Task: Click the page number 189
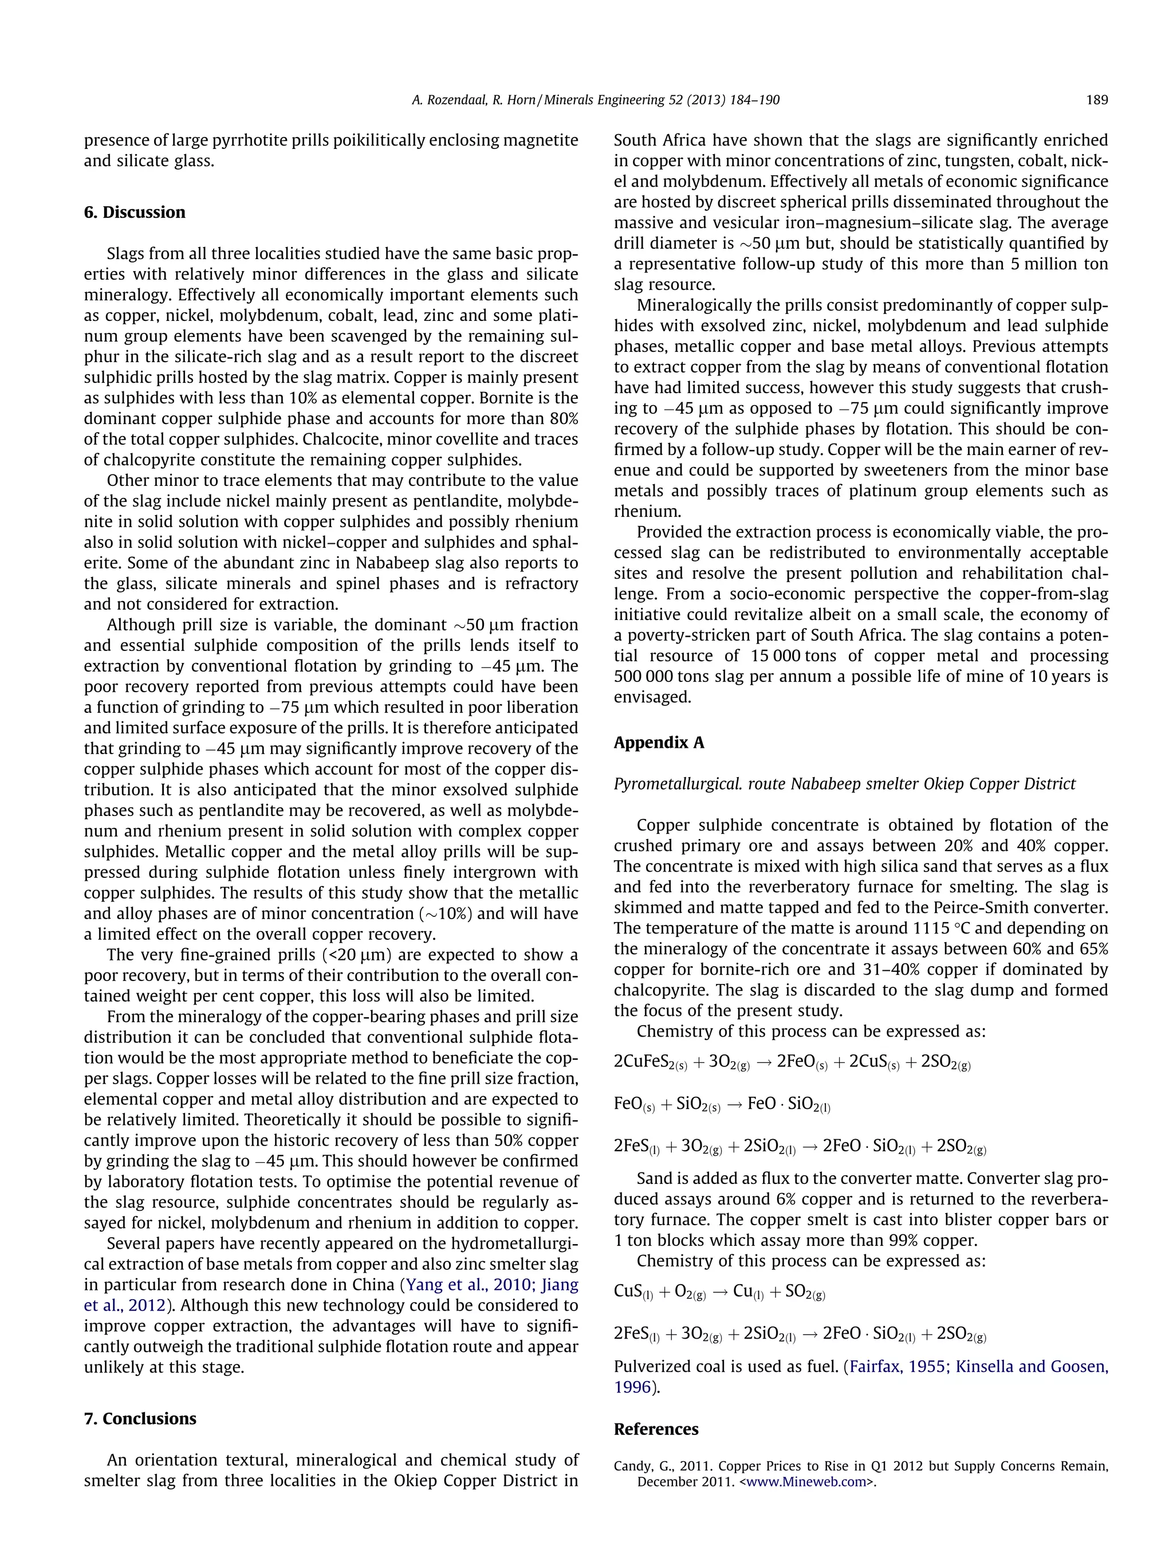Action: (1097, 100)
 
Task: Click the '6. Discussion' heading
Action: (135, 212)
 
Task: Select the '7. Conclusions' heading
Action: (140, 1418)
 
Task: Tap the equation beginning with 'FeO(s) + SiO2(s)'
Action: (721, 1104)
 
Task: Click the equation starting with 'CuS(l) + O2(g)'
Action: (719, 1292)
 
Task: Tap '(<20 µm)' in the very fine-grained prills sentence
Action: (356, 955)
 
